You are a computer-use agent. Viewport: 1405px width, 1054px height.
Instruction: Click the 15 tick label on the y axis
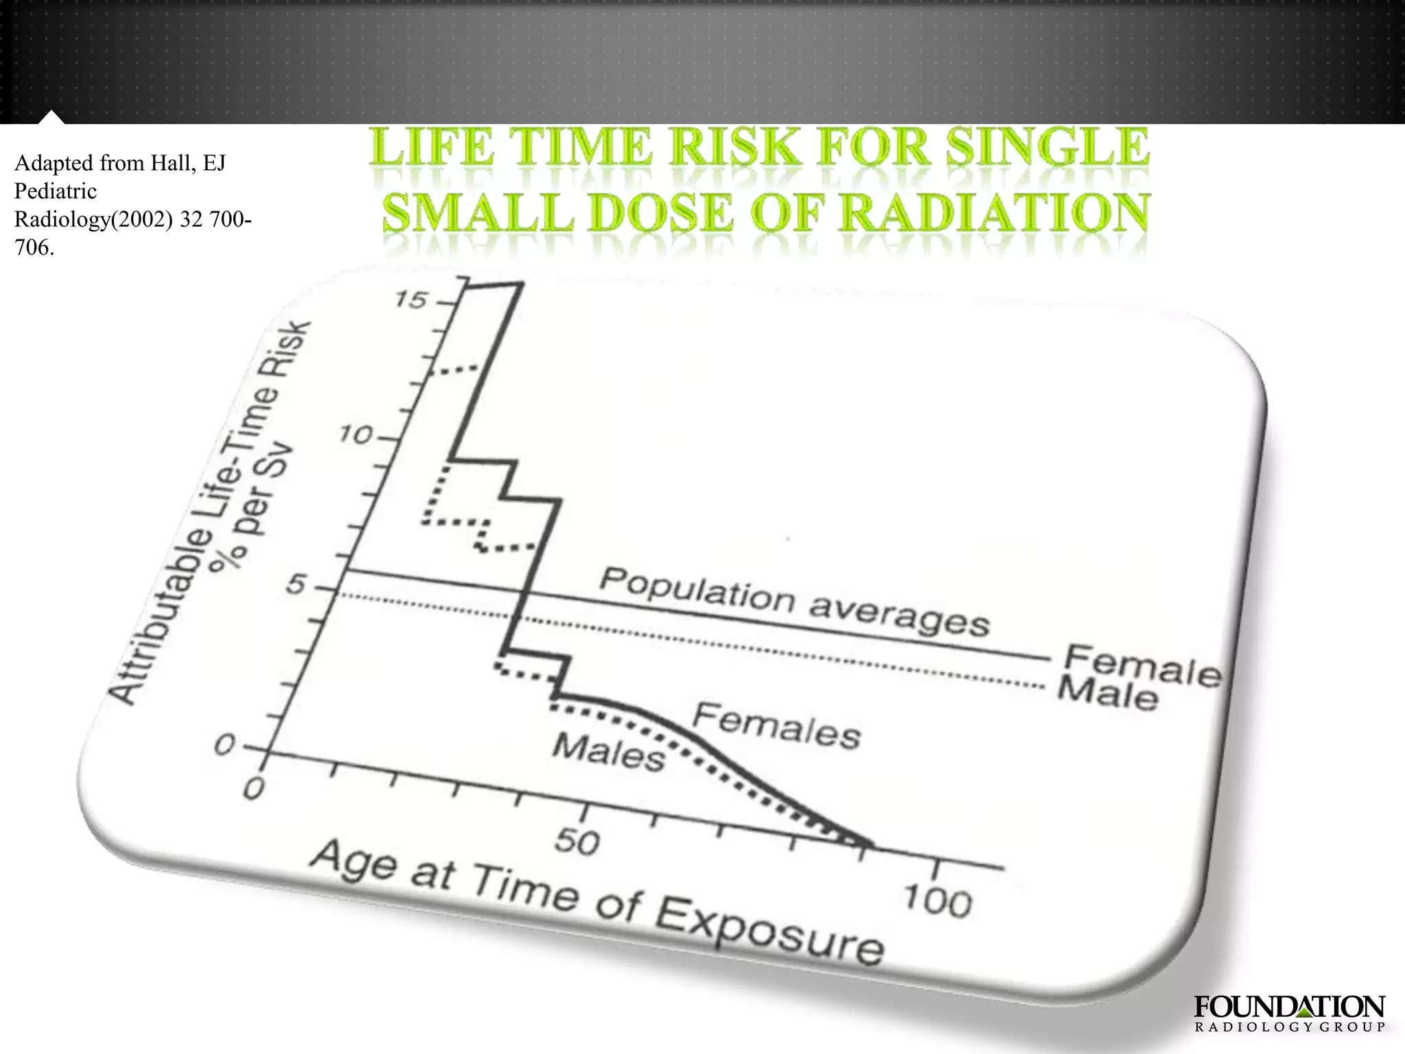[x=412, y=300]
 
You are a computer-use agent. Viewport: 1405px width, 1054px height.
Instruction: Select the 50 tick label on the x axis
[x=578, y=841]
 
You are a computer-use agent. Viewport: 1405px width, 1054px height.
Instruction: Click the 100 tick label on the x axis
[x=937, y=900]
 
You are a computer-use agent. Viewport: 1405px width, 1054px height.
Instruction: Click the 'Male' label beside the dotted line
[x=1107, y=693]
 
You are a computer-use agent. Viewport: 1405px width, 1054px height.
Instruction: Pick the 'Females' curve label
[x=776, y=727]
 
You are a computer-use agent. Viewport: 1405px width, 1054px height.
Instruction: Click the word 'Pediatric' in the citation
[x=56, y=191]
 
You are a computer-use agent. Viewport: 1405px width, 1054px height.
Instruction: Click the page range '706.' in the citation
[x=34, y=247]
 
